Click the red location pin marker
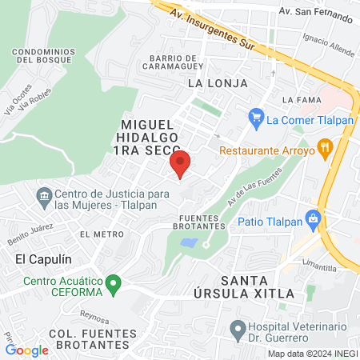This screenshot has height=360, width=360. click(180, 164)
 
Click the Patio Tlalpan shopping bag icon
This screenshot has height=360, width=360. click(314, 217)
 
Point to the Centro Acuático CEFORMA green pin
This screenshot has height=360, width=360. click(114, 282)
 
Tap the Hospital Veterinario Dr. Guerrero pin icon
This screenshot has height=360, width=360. click(237, 328)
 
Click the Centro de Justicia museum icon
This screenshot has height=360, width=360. click(44, 194)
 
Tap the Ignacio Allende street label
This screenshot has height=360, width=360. click(329, 45)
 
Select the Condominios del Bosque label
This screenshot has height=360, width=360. click(44, 55)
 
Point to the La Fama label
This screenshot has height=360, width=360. click(301, 99)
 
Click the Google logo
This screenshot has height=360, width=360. click(27, 350)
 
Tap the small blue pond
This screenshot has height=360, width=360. click(189, 242)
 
